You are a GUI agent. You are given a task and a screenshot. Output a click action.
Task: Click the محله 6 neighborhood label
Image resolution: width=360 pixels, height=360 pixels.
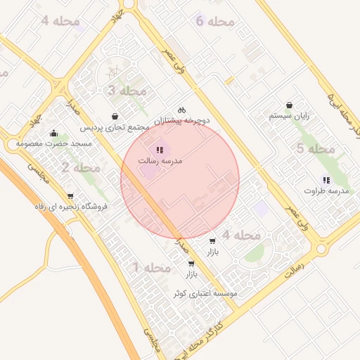(215, 22)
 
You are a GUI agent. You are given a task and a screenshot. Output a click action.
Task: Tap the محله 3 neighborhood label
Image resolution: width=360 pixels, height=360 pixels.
(127, 91)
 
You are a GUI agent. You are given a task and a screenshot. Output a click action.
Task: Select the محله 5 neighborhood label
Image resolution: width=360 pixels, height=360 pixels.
(315, 148)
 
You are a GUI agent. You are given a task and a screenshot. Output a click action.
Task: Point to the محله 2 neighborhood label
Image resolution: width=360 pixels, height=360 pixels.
(80, 167)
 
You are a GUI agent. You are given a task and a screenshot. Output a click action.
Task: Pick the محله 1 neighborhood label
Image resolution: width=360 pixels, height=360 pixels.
(152, 268)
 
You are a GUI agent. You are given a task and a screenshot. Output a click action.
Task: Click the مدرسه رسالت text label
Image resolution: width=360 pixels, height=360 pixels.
(161, 161)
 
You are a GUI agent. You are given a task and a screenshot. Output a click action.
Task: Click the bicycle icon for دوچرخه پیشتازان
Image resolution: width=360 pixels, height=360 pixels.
(181, 110)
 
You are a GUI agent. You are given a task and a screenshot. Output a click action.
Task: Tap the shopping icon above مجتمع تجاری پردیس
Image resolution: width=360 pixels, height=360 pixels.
(115, 116)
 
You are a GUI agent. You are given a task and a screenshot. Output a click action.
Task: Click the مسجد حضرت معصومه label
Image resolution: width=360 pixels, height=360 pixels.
(54, 144)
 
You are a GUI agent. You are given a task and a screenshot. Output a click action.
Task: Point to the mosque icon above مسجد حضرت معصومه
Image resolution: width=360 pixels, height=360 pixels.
(53, 133)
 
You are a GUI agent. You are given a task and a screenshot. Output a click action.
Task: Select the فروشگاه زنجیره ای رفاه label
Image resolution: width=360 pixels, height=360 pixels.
(70, 207)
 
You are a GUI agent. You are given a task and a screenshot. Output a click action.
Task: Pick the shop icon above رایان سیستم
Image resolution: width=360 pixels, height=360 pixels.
(289, 105)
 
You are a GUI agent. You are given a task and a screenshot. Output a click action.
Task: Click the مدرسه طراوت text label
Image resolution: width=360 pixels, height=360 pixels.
(327, 191)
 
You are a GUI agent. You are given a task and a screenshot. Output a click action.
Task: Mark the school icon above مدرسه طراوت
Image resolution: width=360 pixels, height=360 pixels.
(325, 179)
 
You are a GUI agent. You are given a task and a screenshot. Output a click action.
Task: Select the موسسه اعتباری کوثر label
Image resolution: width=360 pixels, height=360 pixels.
(207, 292)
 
